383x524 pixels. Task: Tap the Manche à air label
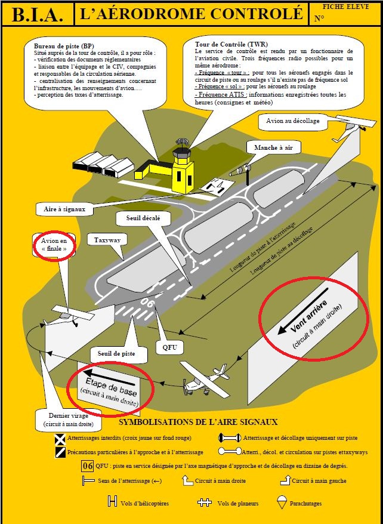coord(276,147)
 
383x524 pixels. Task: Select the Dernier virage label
coord(68,420)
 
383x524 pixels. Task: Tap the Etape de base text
coord(111,386)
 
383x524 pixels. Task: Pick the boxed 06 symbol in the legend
coord(87,466)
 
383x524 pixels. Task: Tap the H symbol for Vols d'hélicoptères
coord(112,502)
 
